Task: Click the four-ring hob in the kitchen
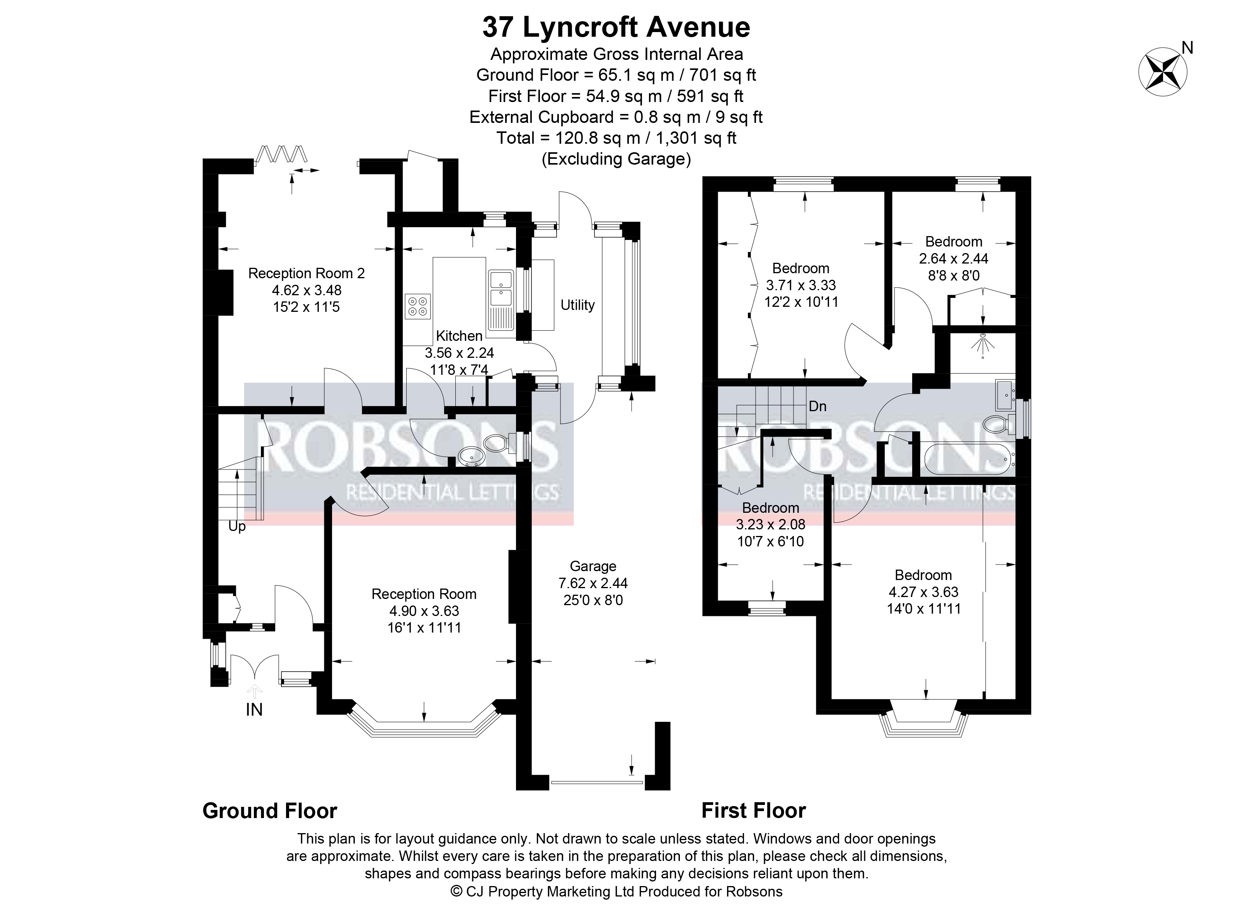417,306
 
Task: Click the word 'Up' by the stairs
237,526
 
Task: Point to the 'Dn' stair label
817,406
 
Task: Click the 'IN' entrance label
254,709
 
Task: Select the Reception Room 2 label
307,273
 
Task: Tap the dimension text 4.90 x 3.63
424,611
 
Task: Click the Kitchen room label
459,335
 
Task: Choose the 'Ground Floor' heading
270,811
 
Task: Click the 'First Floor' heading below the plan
753,811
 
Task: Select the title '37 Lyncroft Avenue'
616,27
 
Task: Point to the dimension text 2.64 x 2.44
954,258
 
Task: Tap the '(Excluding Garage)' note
616,159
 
